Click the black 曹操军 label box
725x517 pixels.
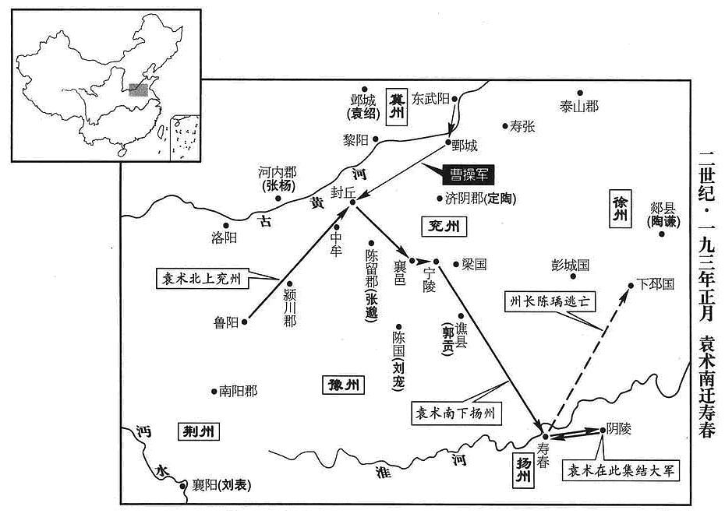point(468,174)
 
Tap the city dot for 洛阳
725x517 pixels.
point(226,226)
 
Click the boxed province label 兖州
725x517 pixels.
point(444,226)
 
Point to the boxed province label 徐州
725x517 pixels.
point(620,209)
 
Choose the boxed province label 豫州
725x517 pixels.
point(342,385)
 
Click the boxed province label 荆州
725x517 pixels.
point(198,431)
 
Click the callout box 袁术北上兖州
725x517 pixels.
point(201,279)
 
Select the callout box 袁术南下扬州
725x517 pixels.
point(455,413)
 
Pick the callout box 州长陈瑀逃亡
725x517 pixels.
point(550,301)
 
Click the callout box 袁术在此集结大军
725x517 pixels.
point(621,470)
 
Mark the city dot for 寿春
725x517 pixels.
point(546,436)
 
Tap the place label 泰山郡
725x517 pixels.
point(579,107)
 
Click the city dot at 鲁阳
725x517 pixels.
point(245,322)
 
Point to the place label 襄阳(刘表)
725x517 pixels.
point(222,485)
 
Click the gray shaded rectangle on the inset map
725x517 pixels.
point(138,90)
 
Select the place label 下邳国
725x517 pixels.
point(655,284)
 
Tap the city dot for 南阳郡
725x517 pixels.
point(214,392)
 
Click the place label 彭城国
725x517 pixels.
point(570,265)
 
